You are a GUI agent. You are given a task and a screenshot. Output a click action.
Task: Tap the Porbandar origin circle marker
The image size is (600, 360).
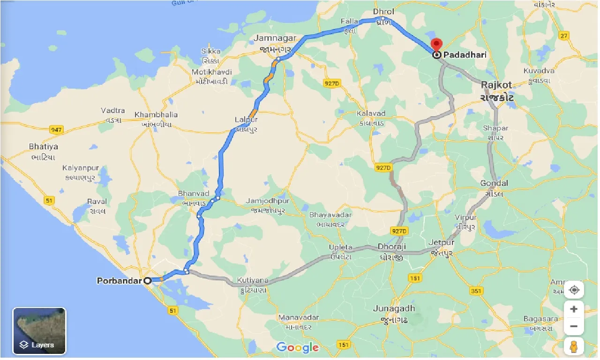pyautogui.click(x=147, y=281)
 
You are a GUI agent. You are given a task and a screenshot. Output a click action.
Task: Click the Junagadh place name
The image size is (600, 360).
pyautogui.click(x=394, y=308)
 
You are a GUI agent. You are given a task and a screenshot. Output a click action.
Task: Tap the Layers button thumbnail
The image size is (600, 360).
pyautogui.click(x=39, y=330)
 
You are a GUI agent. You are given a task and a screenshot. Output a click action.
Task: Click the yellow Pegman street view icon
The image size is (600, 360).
pyautogui.click(x=574, y=346)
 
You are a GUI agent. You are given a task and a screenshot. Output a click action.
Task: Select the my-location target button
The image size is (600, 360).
pyautogui.click(x=574, y=290)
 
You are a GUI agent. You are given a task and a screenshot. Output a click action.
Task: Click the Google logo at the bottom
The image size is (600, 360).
pyautogui.click(x=297, y=347)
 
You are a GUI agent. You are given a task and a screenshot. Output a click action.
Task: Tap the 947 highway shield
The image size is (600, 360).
pyautogui.click(x=56, y=130)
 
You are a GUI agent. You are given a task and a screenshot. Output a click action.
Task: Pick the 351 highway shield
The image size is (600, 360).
pyautogui.click(x=476, y=291)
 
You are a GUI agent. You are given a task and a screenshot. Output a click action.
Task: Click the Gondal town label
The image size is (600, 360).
pyautogui.click(x=494, y=183)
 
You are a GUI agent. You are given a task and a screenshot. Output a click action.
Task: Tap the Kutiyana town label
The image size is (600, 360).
pyautogui.click(x=253, y=280)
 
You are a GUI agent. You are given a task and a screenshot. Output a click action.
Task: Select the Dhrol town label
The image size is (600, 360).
pyautogui.click(x=383, y=12)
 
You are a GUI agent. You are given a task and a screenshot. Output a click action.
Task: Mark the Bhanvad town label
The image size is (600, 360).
pyautogui.click(x=193, y=194)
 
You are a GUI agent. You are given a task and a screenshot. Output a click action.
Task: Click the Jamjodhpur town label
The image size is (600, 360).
pyautogui.click(x=268, y=201)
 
